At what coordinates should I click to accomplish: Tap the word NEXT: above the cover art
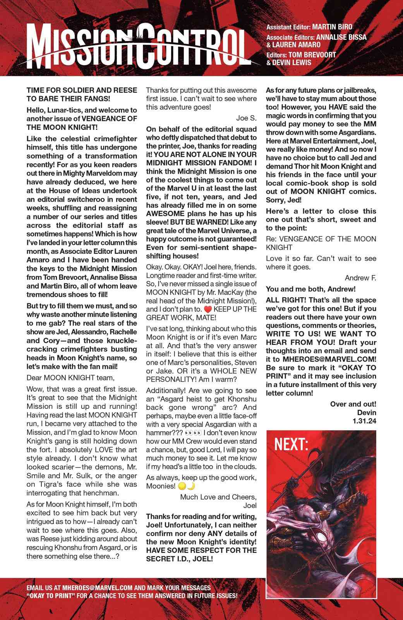tap(291, 445)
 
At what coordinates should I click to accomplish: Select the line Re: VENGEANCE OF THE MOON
tap(321, 239)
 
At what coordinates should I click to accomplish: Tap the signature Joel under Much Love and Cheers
tap(250, 505)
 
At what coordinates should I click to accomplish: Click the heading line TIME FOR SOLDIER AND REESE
tap(81, 90)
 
